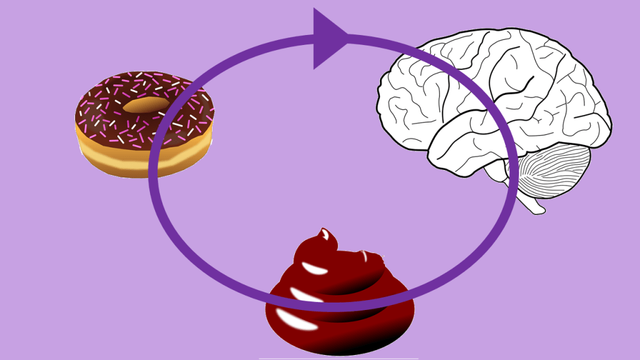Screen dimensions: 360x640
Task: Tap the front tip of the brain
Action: click(379, 100)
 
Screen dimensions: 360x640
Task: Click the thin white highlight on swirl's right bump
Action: click(366, 256)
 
